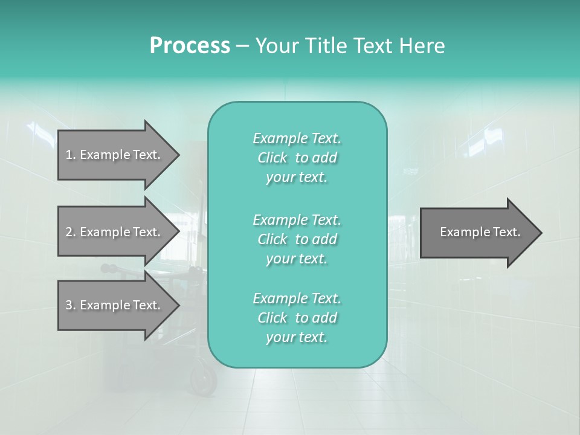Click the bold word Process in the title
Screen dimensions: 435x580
point(190,46)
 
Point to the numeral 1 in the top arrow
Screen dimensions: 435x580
point(69,155)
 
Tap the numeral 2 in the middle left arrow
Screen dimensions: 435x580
point(69,232)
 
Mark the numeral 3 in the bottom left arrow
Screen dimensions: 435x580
point(69,305)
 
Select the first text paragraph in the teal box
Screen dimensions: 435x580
point(297,158)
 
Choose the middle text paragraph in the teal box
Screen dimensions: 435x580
point(297,239)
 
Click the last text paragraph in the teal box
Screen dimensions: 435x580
point(297,318)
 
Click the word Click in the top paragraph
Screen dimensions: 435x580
point(272,158)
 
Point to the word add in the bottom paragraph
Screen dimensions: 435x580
point(324,318)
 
